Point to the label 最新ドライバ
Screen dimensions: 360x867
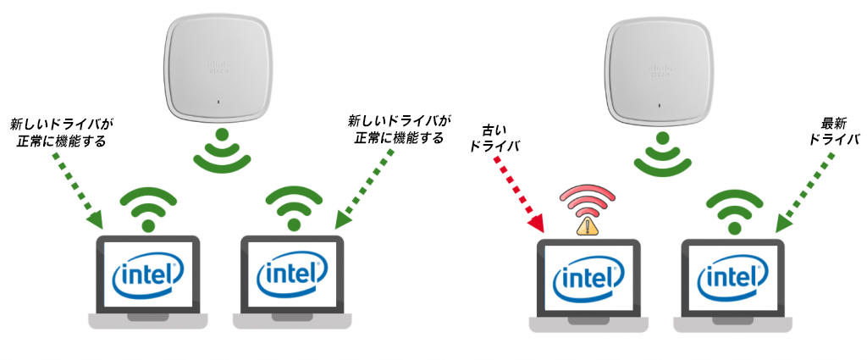click(833, 130)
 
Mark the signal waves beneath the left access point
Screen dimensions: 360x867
click(221, 152)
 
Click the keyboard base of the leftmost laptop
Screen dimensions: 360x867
click(148, 320)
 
